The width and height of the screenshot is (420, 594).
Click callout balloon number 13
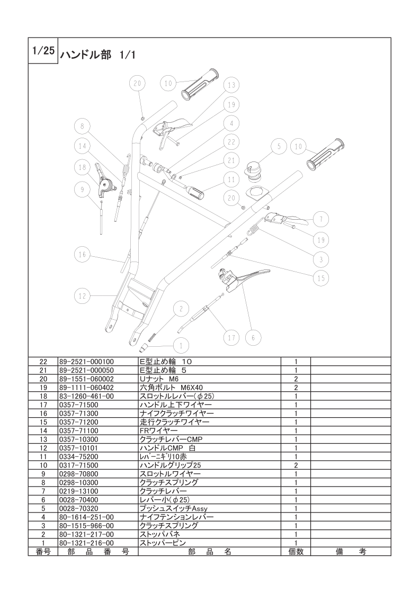point(231,85)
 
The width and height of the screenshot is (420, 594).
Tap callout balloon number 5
point(279,147)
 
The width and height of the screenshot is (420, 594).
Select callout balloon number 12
point(82,296)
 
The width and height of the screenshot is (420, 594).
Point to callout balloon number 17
point(231,338)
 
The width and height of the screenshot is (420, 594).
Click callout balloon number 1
point(181,346)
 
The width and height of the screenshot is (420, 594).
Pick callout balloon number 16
point(82,255)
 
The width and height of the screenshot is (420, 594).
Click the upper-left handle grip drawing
point(199,85)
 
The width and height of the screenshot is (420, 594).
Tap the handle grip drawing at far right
point(325,154)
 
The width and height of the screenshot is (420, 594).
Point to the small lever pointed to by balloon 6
point(240,280)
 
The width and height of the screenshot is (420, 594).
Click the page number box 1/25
point(43,51)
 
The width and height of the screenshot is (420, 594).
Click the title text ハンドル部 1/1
point(97,55)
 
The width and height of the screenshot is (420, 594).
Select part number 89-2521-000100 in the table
point(86,362)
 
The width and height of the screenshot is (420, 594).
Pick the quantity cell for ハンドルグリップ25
point(296,465)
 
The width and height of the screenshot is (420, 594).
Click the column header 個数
point(296,552)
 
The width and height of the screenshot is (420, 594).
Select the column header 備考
point(351,552)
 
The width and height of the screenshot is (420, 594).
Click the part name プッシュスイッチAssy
point(174,509)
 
